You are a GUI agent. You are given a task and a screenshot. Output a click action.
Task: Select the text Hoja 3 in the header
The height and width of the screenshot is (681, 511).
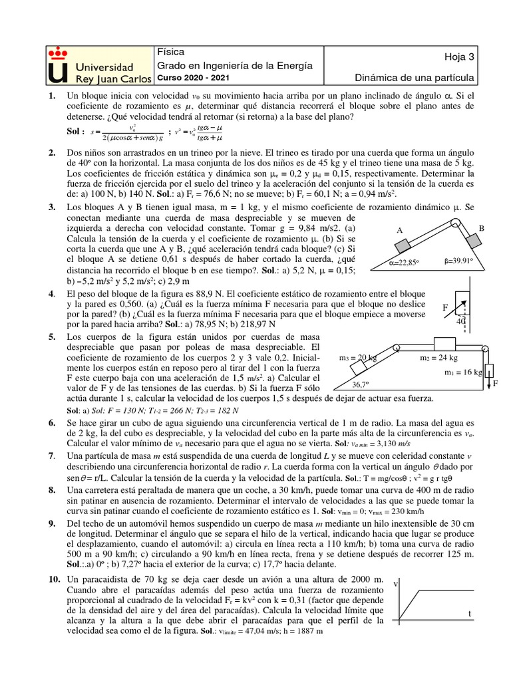459,57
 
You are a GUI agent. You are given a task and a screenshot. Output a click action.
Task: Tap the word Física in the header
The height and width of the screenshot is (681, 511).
170,52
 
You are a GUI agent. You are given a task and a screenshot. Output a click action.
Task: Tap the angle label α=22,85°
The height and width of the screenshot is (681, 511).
405,261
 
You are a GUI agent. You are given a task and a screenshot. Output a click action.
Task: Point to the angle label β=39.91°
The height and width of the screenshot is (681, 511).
470,261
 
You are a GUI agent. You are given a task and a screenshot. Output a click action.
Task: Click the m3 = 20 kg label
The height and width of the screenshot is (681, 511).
358,357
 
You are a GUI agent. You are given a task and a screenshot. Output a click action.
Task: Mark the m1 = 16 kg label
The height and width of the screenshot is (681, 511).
464,372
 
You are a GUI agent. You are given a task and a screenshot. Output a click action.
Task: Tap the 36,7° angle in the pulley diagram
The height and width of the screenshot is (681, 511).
361,384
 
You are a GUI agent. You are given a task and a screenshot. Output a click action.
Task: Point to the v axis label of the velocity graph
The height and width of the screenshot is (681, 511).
397,584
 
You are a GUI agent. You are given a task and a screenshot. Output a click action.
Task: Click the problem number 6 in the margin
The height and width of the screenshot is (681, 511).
51,423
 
